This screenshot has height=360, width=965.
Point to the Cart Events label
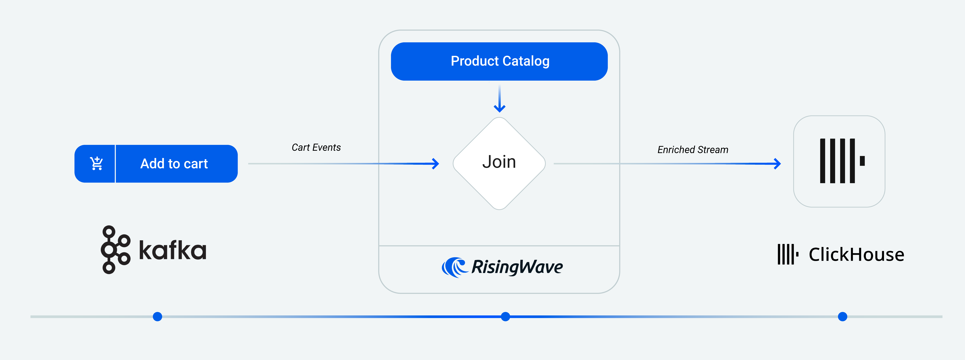click(x=316, y=148)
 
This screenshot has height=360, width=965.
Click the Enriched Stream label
click(x=693, y=150)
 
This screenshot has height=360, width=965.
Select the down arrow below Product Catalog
click(x=499, y=107)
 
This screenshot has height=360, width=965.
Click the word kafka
click(x=173, y=250)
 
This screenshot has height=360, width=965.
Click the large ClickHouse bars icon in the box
click(x=837, y=161)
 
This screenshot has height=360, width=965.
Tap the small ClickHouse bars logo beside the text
click(x=787, y=254)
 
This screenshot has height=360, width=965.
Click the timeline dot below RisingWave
click(x=505, y=317)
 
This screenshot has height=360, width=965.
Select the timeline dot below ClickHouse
click(x=842, y=317)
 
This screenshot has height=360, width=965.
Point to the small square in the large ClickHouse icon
click(x=862, y=161)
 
